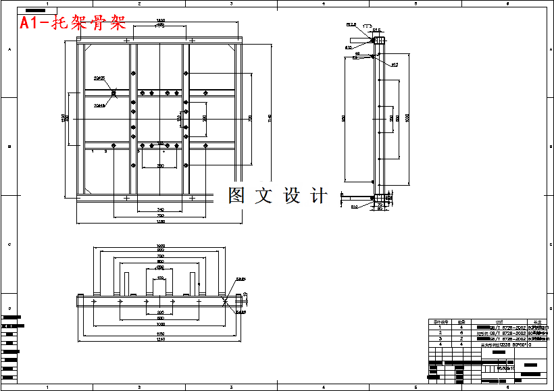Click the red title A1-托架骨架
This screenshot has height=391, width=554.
pos(72,24)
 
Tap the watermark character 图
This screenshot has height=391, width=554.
pos(236,196)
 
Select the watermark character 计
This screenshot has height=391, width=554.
pos(318,196)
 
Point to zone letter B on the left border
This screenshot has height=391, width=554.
pos(9,147)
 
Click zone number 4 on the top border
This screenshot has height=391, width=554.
pos(323,4)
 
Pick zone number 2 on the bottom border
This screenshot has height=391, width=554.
pos(138,387)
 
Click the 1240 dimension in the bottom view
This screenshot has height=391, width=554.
pos(161,339)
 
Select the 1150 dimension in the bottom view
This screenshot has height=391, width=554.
pos(161,333)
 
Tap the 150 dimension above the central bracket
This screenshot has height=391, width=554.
pos(160,278)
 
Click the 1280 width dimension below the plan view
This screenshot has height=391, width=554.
pos(161,221)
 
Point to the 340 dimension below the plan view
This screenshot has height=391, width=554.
pos(161,210)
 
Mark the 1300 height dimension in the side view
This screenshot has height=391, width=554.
pos(407,119)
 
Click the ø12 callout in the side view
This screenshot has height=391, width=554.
pos(395,65)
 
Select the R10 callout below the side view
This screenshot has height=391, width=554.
pos(354,207)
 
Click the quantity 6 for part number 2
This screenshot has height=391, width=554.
pos(462,333)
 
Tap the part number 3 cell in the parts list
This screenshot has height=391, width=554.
pos(440,338)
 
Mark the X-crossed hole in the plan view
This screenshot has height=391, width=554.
pos(114,93)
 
